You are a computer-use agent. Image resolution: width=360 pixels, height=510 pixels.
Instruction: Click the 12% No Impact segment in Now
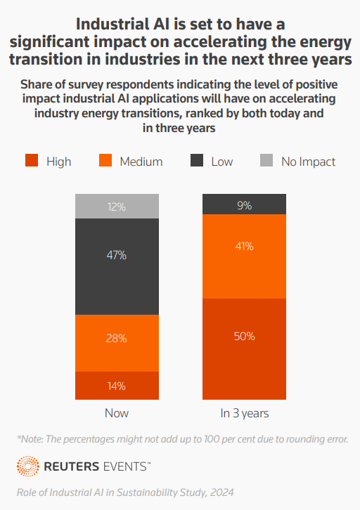point(117,207)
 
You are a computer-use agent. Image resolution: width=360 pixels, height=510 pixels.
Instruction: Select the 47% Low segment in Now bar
point(117,266)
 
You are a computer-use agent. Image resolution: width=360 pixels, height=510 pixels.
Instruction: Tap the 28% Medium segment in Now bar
point(117,343)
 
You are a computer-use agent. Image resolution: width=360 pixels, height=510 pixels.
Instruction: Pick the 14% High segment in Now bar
point(117,386)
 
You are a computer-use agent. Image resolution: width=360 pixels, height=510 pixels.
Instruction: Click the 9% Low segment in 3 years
point(244,204)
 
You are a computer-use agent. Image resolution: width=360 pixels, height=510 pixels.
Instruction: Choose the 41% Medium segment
point(244,256)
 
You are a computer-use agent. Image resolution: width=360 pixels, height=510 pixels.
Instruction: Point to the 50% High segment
point(244,349)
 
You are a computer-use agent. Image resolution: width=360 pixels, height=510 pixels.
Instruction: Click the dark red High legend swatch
point(32,160)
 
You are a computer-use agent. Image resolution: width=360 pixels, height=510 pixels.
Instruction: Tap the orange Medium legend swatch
point(105,160)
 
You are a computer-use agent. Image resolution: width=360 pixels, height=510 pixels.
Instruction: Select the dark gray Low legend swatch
point(197,160)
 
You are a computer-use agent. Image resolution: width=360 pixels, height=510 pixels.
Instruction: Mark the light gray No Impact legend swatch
point(266,160)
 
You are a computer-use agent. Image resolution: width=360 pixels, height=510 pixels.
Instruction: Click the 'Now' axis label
point(117,413)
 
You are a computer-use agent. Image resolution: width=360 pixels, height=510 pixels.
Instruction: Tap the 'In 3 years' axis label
point(245,413)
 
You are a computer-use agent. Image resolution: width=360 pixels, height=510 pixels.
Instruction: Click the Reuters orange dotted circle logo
point(28,466)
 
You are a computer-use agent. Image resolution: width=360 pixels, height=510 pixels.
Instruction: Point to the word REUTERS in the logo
point(71,466)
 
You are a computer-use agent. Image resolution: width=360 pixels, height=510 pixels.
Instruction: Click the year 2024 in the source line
point(221,492)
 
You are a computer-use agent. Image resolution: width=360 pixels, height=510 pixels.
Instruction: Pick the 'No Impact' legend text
point(308,162)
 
